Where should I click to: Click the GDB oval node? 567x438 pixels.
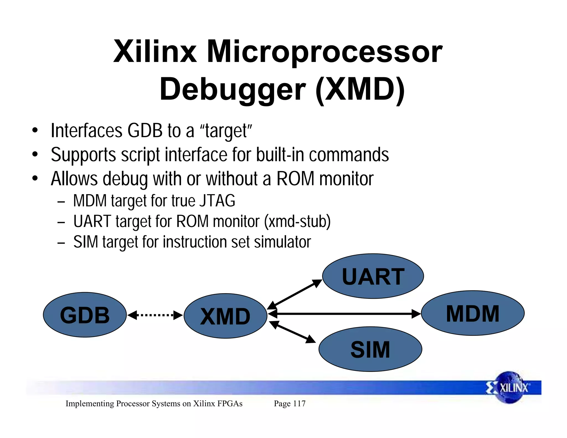85,315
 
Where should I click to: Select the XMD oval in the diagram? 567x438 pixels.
225,316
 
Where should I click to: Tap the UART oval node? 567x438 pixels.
373,276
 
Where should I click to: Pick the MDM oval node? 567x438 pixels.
473,313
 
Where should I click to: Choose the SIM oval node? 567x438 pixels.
370,349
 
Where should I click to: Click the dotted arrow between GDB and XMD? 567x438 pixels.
155,315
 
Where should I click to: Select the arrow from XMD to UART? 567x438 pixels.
295,295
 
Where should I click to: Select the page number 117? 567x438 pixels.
299,403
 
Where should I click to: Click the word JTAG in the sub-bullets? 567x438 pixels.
217,201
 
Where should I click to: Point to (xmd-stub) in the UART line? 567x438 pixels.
297,221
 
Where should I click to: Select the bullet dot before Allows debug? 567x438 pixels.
35,179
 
